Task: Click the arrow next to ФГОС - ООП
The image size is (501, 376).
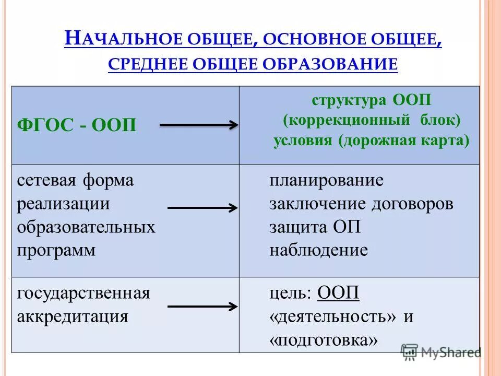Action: click(198, 125)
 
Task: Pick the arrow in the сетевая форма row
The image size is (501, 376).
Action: click(202, 208)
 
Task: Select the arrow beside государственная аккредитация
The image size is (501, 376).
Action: click(202, 307)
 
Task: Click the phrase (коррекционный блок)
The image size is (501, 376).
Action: click(372, 121)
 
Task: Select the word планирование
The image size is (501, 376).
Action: click(326, 181)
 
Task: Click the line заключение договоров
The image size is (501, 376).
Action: click(361, 204)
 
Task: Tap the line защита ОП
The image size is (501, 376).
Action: click(315, 227)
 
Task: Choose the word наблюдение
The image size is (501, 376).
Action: click(318, 250)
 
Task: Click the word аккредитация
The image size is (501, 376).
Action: click(73, 316)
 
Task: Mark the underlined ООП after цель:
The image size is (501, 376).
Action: click(338, 293)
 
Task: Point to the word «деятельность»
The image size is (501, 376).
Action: click(332, 317)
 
